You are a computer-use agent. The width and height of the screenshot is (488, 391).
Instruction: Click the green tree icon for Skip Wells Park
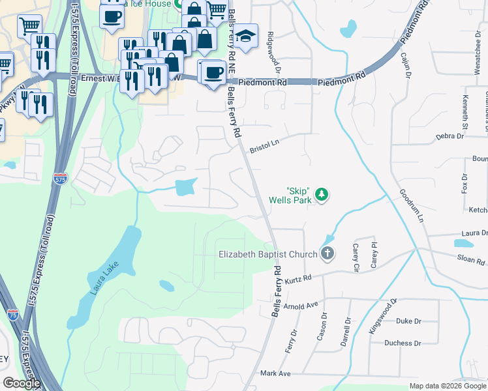pos(321,194)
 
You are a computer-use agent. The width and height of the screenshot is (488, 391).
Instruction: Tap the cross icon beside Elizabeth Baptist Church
pos(328,254)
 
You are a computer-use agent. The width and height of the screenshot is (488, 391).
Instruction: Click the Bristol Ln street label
pos(264,145)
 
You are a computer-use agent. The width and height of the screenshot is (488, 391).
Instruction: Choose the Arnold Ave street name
pos(300,304)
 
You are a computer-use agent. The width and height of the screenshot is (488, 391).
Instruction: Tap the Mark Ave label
pos(275,373)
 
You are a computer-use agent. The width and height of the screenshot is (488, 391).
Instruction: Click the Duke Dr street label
pos(408,321)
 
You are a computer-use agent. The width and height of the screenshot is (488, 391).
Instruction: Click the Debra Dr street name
pos(449,136)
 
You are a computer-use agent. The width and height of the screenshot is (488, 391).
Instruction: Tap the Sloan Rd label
pos(471,261)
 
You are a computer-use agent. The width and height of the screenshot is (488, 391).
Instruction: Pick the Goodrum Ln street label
pos(408,209)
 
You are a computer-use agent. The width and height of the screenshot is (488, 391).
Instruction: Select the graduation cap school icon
pos(247,36)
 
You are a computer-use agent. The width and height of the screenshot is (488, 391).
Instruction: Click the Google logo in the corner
pos(22,383)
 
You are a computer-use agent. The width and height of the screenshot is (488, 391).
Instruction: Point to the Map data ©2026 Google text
pos(447,386)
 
